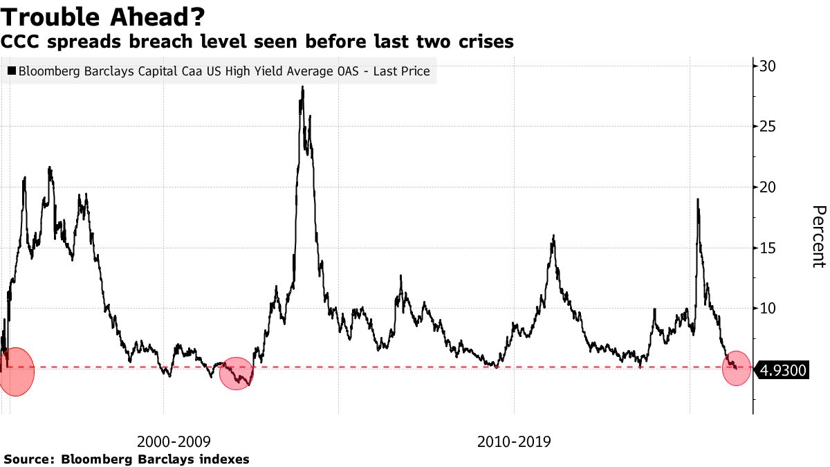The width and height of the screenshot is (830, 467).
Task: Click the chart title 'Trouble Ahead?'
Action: coord(102,15)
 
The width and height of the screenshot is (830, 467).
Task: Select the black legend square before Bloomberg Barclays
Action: coord(12,71)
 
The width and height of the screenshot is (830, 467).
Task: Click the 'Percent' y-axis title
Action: coord(818,236)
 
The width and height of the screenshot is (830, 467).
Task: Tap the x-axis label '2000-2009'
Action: coord(174,441)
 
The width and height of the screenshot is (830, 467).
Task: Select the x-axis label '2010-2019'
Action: coord(514,441)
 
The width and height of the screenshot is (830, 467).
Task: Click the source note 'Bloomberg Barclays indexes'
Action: coord(156,459)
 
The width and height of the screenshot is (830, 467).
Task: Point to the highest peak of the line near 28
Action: coord(302,87)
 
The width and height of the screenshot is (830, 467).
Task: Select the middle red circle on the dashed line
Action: coord(237,374)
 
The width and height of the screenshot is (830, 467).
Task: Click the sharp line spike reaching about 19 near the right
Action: coord(697,200)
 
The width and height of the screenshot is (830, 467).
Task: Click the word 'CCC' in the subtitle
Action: coord(20,42)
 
